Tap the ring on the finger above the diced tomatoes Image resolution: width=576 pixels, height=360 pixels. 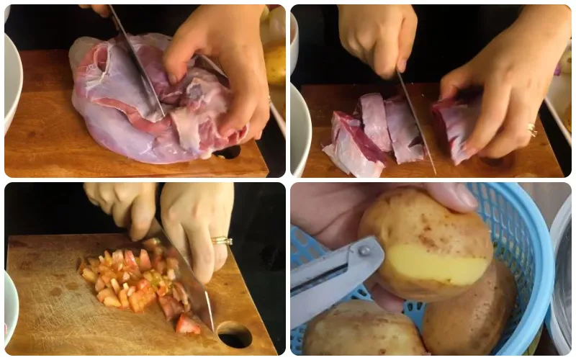point(222,240)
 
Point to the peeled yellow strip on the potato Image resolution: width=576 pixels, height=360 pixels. point(428,264)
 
